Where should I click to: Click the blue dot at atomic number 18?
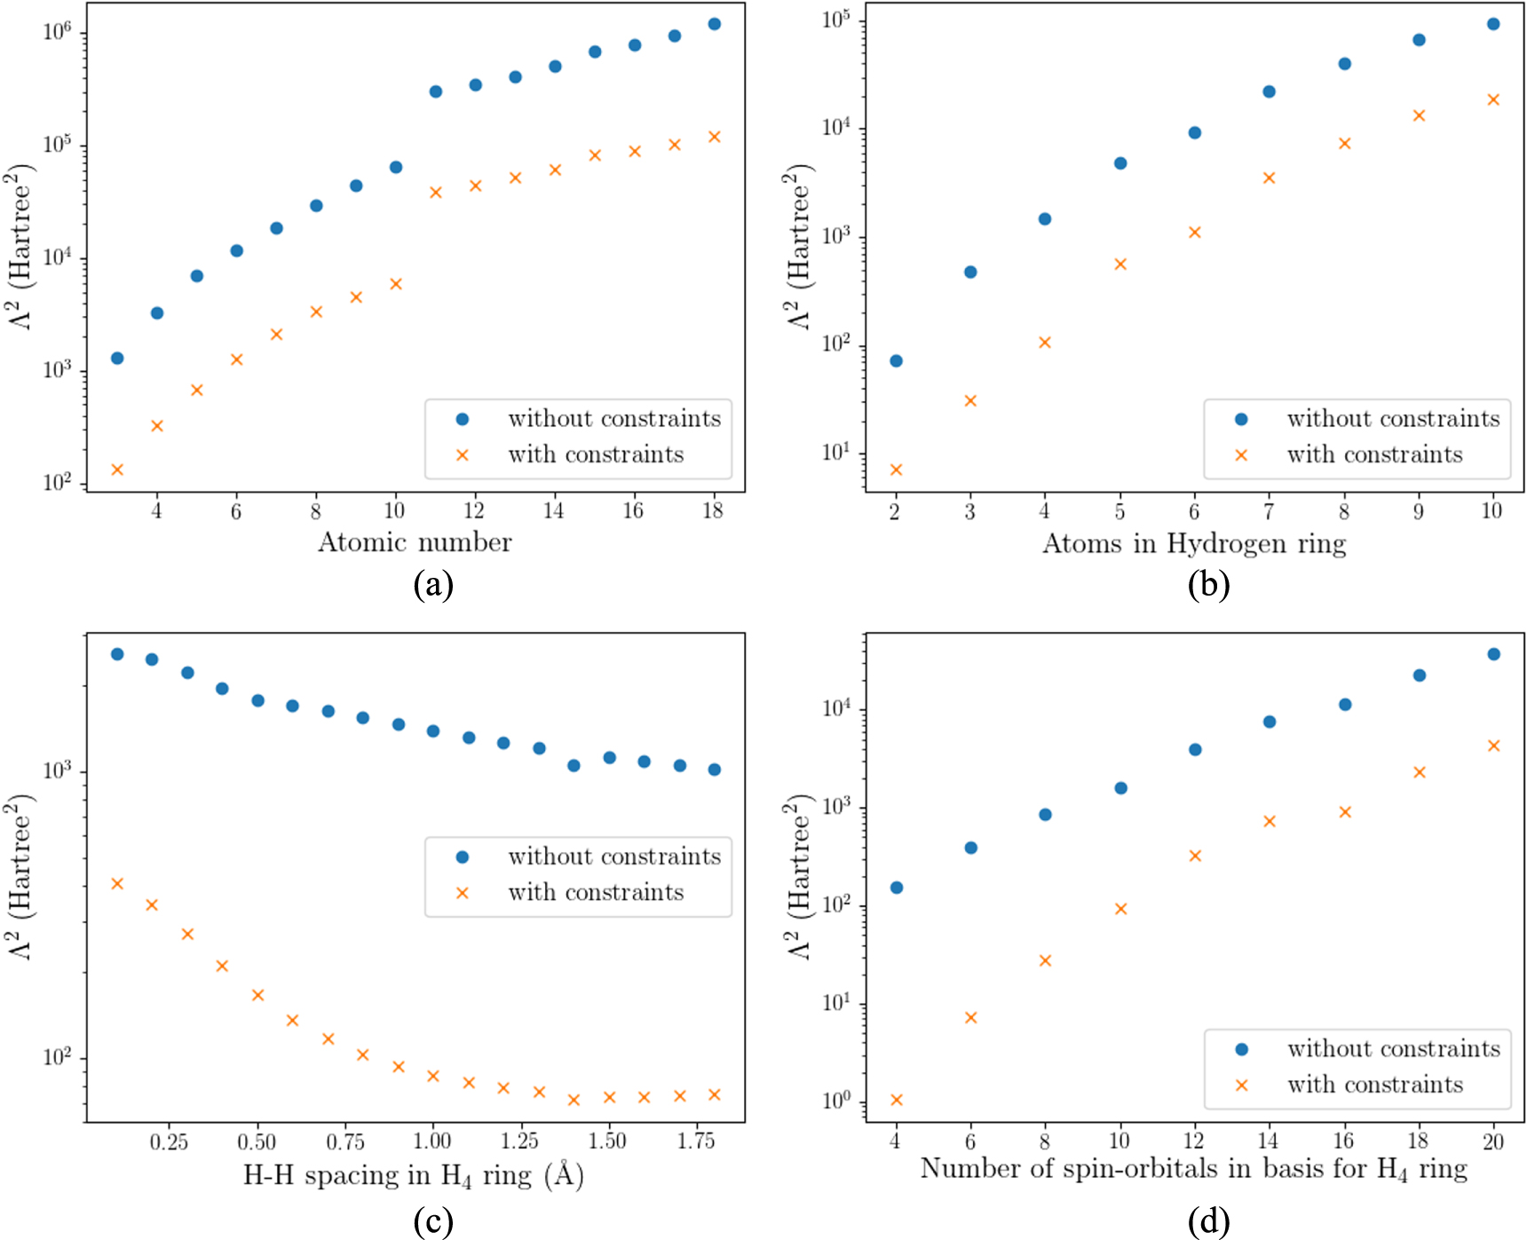click(714, 24)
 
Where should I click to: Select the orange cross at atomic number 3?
click(117, 469)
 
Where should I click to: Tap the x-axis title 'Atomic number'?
click(415, 542)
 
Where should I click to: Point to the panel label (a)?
click(433, 584)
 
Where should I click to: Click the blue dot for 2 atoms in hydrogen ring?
click(896, 360)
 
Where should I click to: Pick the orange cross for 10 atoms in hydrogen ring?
click(1493, 99)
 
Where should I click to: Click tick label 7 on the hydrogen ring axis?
click(1269, 511)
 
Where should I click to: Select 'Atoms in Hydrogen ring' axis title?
click(1194, 543)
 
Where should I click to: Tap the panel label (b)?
click(1208, 584)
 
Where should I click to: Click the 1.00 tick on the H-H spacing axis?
click(432, 1141)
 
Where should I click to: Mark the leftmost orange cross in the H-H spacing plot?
click(117, 883)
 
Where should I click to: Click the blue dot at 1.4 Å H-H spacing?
click(574, 765)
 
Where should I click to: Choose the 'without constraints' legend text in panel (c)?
click(614, 857)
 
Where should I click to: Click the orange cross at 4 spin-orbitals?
click(896, 1100)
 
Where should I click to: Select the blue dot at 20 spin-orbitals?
click(1493, 654)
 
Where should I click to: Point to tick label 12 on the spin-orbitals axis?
click(1194, 1141)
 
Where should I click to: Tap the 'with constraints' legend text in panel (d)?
click(1375, 1085)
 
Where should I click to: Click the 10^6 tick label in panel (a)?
click(57, 33)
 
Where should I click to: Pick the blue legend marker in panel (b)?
click(1241, 419)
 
